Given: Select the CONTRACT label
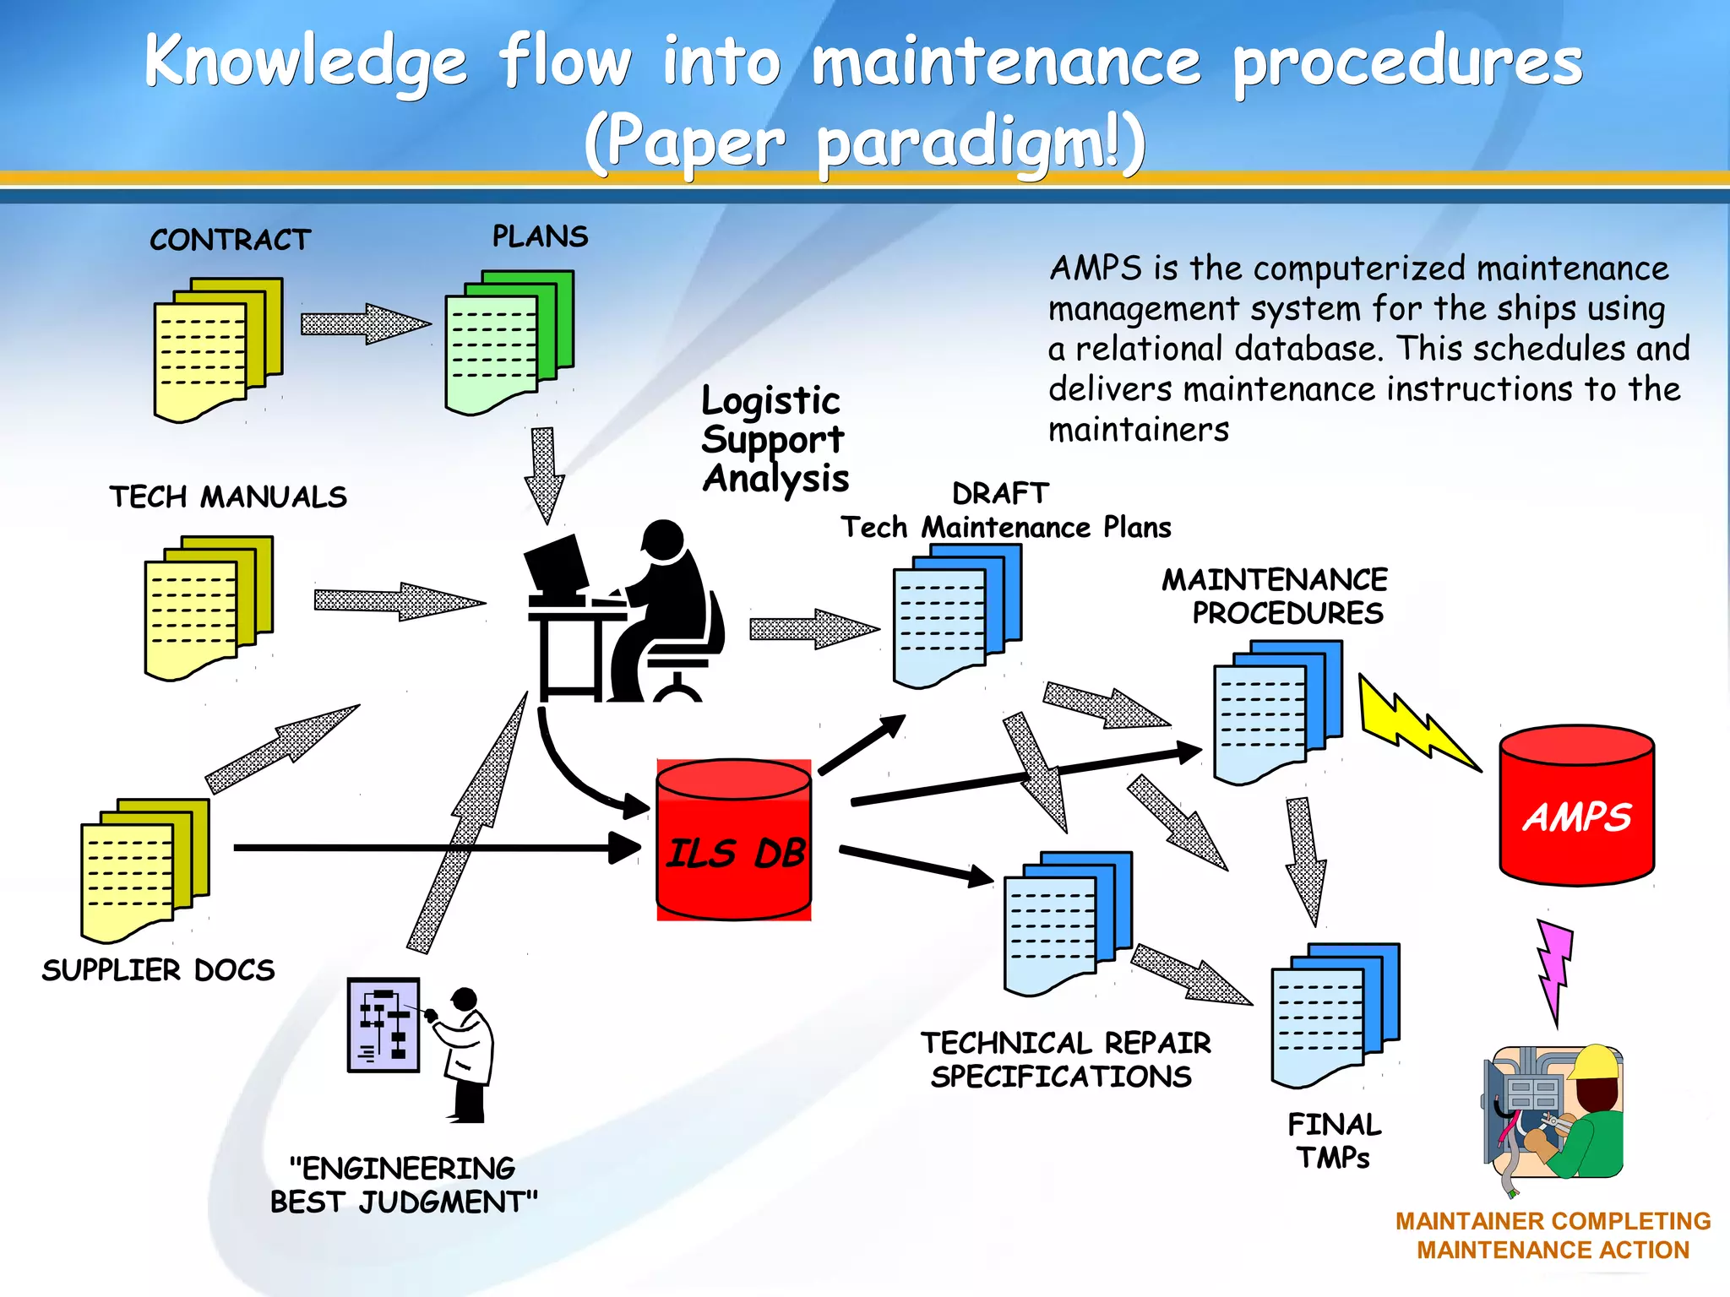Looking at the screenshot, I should coord(230,240).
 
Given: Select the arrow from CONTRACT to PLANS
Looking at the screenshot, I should coord(365,324).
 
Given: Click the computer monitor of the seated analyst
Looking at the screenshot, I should coord(556,563).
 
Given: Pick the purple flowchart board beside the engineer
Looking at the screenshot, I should coord(384,1024).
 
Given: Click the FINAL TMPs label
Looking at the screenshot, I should coord(1334,1141).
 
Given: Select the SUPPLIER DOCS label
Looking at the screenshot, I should coord(158,970).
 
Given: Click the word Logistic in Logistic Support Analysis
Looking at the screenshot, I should coord(770,401).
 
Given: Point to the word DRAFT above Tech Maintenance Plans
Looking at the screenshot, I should coord(1000,493).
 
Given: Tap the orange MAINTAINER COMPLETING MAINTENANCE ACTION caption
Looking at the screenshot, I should coord(1553,1235).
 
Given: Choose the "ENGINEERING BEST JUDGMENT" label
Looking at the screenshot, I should coord(403,1185).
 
